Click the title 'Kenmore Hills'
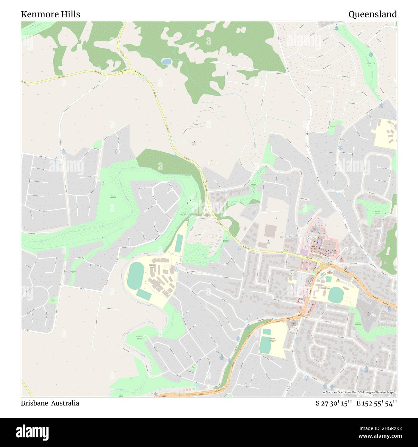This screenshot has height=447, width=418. coord(50,14)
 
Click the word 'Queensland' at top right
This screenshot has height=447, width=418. coord(372,14)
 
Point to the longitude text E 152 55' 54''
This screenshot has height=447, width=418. coord(376,403)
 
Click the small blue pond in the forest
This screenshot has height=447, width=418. coord(166,62)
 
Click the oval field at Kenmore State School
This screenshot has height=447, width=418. coord(336,294)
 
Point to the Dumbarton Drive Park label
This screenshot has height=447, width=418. coord(139,337)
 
